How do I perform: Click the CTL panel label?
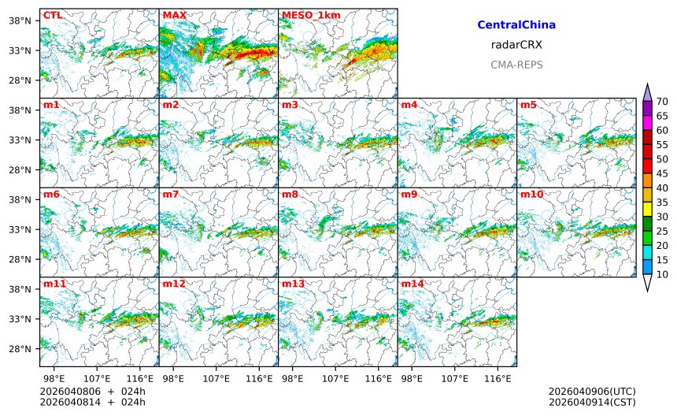pyautogui.click(x=53, y=15)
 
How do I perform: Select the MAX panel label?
pyautogui.click(x=174, y=15)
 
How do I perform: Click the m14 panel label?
pyautogui.click(x=412, y=284)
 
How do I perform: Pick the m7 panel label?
pyautogui.click(x=171, y=194)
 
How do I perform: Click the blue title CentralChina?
pyautogui.click(x=516, y=25)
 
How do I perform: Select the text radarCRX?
pyautogui.click(x=516, y=45)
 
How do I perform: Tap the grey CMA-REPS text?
pyautogui.click(x=516, y=65)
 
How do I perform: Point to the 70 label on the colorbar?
pyautogui.click(x=662, y=101)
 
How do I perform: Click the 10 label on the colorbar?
pyautogui.click(x=662, y=274)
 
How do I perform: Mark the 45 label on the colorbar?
pyautogui.click(x=662, y=173)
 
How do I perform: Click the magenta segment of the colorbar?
pyautogui.click(x=647, y=123)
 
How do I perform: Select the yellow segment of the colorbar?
pyautogui.click(x=647, y=209)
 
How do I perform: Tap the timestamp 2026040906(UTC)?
pyautogui.click(x=592, y=391)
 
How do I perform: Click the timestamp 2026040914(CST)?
pyautogui.click(x=592, y=402)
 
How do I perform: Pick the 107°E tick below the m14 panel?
pyautogui.click(x=454, y=379)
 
